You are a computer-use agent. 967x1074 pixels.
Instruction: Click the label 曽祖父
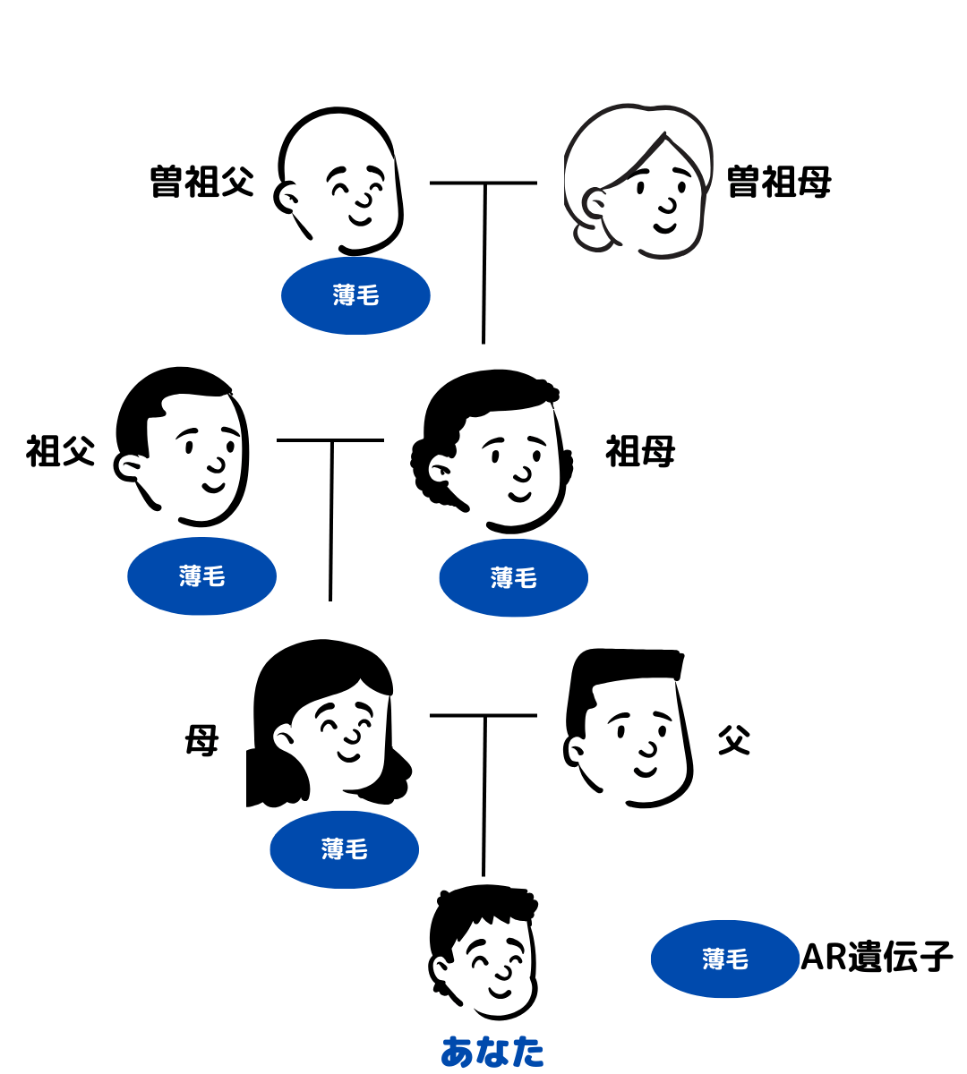[x=201, y=182]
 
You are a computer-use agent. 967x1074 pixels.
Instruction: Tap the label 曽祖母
[x=778, y=182]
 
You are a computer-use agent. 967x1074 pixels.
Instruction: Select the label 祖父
[x=60, y=450]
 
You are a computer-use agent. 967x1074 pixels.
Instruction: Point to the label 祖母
[x=639, y=450]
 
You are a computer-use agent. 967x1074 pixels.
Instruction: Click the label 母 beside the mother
[x=201, y=741]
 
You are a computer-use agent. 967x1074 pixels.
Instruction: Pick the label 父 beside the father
[x=733, y=741]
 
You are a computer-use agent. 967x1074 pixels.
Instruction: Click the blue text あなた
[x=492, y=1052]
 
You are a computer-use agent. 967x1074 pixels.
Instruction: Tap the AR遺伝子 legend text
[x=877, y=957]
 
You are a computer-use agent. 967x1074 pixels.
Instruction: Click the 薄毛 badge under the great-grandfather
[x=355, y=295]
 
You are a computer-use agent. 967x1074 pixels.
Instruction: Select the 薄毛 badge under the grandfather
[x=201, y=576]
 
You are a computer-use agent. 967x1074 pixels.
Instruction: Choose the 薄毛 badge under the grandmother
[x=513, y=577]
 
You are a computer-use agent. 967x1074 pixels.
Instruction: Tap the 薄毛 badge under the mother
[x=344, y=849]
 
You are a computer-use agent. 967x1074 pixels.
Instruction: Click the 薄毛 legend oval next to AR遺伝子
[x=724, y=959]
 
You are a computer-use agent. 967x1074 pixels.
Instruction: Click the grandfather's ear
[x=128, y=466]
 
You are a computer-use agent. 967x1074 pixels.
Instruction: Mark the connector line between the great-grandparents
[x=483, y=183]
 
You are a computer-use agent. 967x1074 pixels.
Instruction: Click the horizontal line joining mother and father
[x=483, y=715]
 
